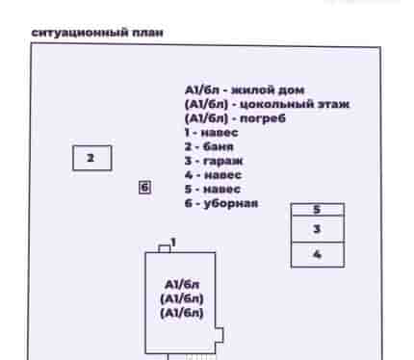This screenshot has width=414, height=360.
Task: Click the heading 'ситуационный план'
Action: (97, 33)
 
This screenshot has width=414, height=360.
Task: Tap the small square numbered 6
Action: (144, 188)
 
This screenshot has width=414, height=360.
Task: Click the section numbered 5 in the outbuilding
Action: (318, 210)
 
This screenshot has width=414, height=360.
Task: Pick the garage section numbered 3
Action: (318, 229)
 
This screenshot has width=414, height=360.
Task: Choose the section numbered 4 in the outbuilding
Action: (318, 255)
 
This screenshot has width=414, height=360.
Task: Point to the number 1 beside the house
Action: (173, 243)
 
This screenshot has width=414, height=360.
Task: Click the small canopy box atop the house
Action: (165, 248)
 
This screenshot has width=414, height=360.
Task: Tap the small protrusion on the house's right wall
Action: (220, 335)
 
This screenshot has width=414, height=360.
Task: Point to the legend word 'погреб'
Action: (263, 118)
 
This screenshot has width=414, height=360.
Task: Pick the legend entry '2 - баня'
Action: (209, 146)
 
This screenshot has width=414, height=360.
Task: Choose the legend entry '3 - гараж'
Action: (214, 161)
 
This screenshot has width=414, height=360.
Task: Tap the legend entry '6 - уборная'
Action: (221, 203)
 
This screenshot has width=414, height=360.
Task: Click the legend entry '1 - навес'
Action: (212, 133)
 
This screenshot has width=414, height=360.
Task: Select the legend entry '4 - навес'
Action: (213, 175)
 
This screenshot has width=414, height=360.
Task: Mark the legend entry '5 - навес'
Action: (213, 189)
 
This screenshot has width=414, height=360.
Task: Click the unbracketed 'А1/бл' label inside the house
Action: (182, 285)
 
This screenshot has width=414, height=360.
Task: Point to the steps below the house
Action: (192, 357)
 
